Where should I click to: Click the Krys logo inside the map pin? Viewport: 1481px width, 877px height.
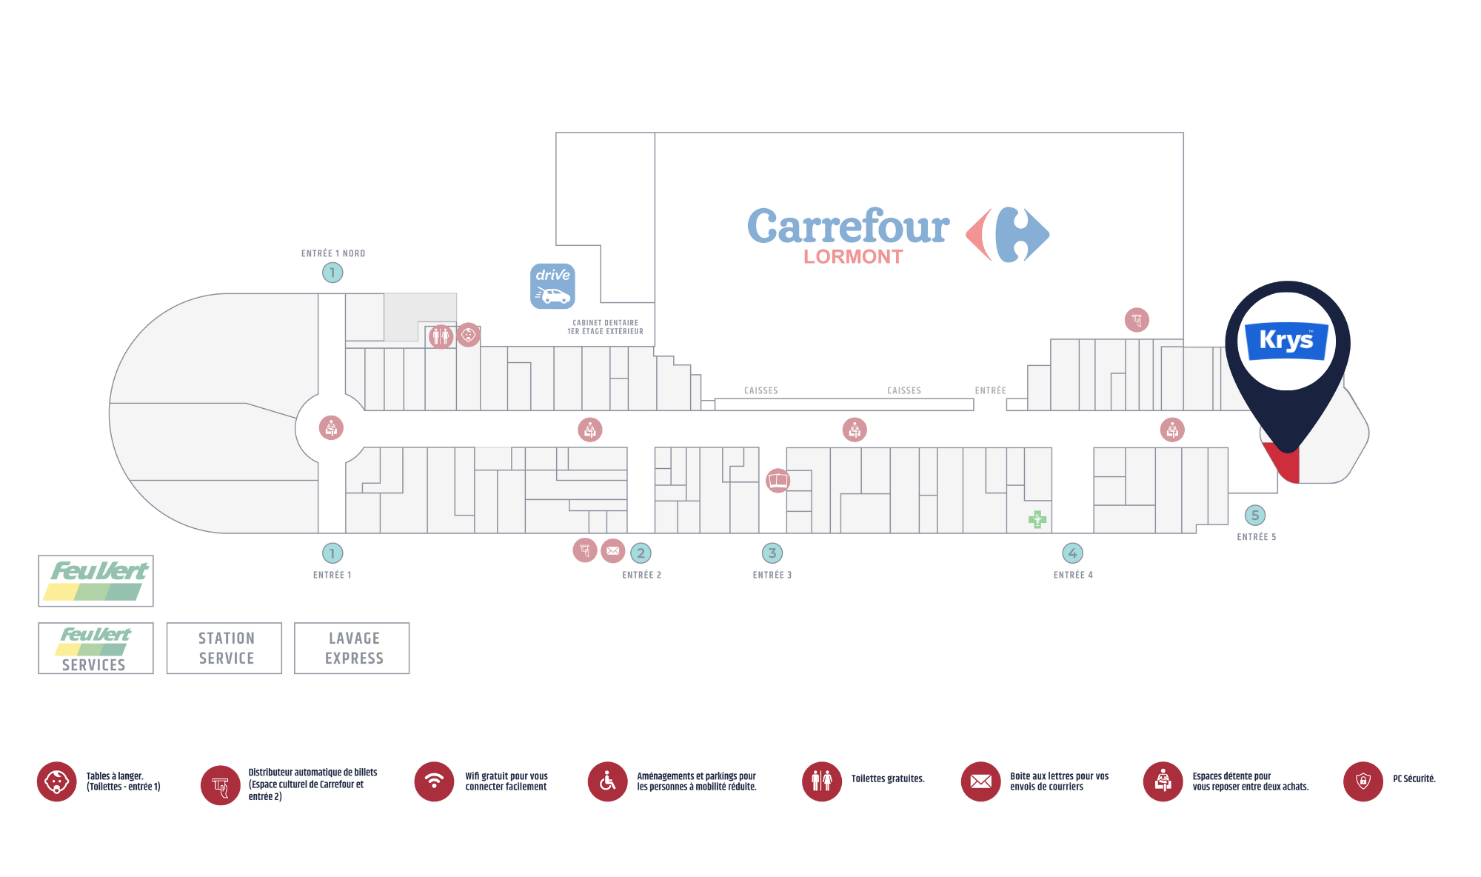(x=1286, y=341)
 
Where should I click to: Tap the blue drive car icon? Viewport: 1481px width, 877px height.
(x=552, y=286)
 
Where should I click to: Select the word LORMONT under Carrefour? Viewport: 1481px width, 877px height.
(x=853, y=257)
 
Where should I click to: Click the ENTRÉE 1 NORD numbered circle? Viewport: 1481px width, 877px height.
(x=332, y=273)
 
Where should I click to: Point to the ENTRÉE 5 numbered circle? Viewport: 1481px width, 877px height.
(x=1254, y=516)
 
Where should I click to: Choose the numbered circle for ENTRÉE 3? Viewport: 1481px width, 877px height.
(x=772, y=553)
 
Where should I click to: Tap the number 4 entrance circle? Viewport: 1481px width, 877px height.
(x=1072, y=553)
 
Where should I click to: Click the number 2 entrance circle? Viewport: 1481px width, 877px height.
(x=641, y=553)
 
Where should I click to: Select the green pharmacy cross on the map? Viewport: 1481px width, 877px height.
(x=1037, y=519)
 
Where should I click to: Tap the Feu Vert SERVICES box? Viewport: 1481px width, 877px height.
(x=96, y=648)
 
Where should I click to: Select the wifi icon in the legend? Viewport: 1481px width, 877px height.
(x=434, y=781)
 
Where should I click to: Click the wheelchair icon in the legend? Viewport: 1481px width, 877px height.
(x=607, y=781)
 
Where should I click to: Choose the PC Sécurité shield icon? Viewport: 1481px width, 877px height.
(x=1363, y=781)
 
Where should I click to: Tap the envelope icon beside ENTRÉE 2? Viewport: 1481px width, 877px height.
(x=612, y=551)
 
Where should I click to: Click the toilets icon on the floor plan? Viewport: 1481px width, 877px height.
(x=441, y=337)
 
